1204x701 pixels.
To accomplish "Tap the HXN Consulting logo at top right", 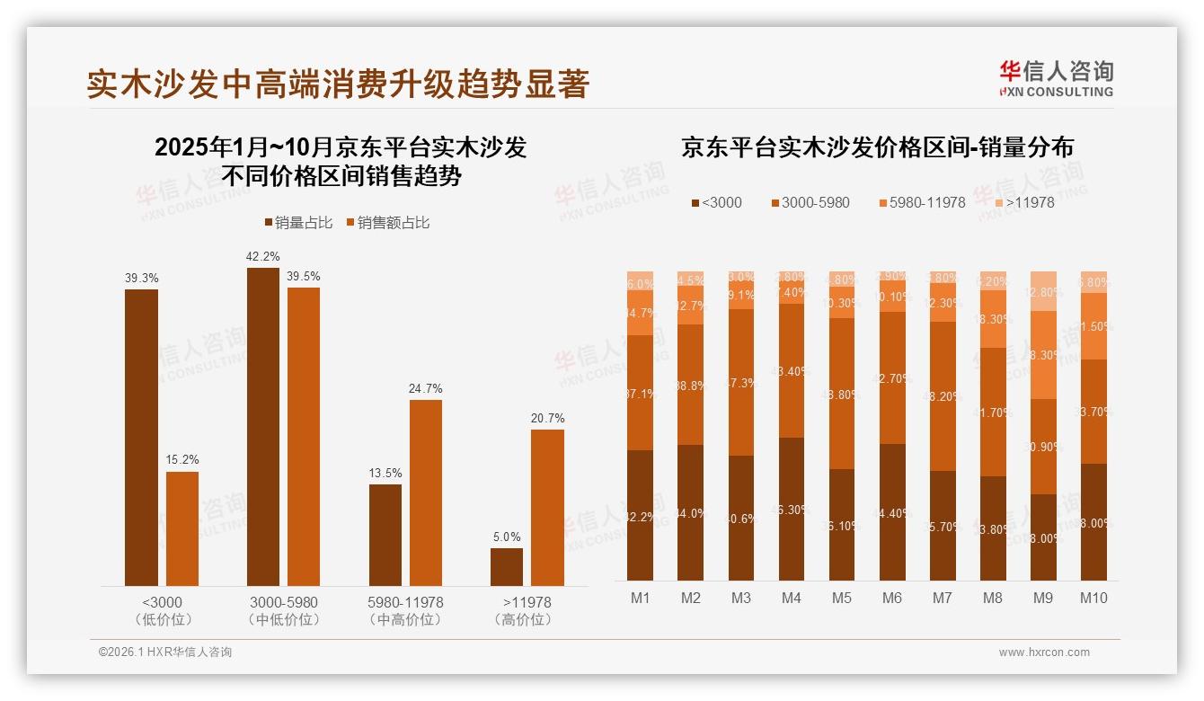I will tap(1056, 79).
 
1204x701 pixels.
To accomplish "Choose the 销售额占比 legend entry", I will tap(387, 223).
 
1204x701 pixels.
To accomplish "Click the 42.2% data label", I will tap(262, 257).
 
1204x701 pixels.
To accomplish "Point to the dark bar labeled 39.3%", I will tap(141, 438).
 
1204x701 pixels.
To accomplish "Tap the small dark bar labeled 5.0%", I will tap(507, 567).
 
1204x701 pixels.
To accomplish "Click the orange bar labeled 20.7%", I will tap(547, 508).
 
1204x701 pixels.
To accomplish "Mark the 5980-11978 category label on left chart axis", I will tap(405, 602).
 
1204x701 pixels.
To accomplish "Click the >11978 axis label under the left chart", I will tap(527, 602).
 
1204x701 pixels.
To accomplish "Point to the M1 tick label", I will tap(640, 599).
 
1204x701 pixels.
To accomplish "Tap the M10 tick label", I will tap(1093, 599).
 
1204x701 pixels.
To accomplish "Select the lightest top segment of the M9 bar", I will tap(1043, 290).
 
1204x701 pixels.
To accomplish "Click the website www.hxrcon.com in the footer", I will tap(1043, 652).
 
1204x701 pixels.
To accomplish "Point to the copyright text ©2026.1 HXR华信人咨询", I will tap(164, 652).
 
